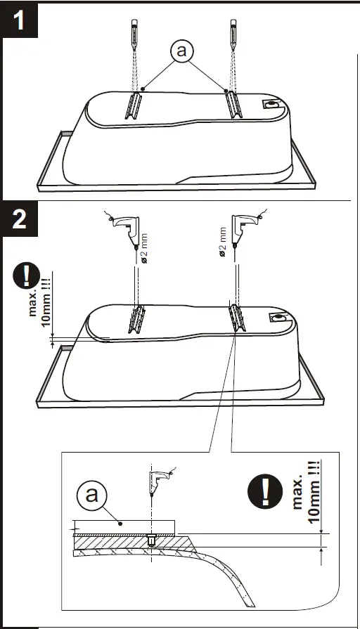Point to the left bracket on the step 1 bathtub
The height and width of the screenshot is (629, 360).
click(x=134, y=106)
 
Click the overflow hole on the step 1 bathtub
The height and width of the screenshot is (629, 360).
click(x=271, y=105)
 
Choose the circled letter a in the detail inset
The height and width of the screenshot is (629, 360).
click(x=91, y=493)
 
